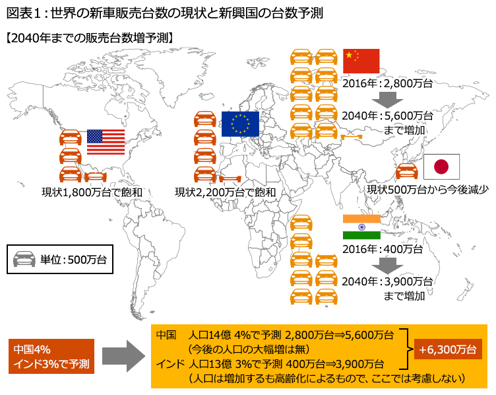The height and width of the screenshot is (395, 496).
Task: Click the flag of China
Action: click(x=361, y=61)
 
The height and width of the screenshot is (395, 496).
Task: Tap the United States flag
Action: click(x=106, y=142)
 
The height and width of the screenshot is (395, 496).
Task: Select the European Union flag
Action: click(x=240, y=124)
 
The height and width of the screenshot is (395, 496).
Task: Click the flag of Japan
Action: click(x=441, y=167)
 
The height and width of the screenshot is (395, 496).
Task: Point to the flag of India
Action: click(x=361, y=227)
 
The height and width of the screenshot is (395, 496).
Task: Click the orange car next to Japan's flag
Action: click(x=406, y=171)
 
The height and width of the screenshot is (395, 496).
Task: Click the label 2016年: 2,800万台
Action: click(x=387, y=83)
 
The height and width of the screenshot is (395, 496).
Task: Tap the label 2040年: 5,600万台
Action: click(x=387, y=116)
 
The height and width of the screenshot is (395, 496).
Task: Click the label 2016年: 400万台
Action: click(x=382, y=250)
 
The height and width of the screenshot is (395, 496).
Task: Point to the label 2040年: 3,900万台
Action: click(x=387, y=281)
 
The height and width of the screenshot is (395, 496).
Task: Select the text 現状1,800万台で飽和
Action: click(x=92, y=192)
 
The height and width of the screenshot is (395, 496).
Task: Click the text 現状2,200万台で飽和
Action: click(x=224, y=192)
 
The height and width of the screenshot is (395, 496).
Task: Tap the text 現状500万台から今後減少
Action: click(x=427, y=190)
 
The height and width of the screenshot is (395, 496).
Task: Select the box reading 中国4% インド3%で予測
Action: click(x=51, y=356)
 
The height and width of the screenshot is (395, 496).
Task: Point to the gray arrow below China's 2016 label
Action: click(x=387, y=100)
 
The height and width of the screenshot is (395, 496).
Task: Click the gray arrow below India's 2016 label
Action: click(x=387, y=266)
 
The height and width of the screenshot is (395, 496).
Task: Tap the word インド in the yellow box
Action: click(x=168, y=364)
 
